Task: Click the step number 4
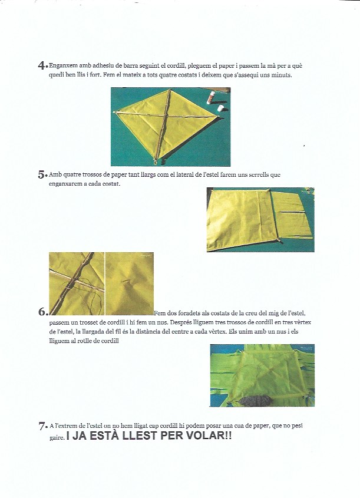coord(41,65)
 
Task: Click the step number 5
coord(41,174)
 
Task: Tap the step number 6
coord(41,312)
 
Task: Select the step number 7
coord(41,425)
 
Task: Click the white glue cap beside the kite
coord(221,108)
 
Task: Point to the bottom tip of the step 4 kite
coord(156,161)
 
